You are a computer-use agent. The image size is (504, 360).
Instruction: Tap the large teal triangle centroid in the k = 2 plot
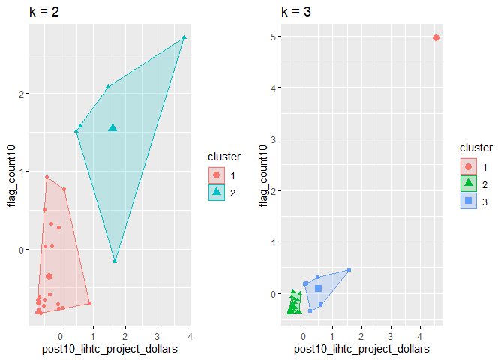click(x=112, y=128)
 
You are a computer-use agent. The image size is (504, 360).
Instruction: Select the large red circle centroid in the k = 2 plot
click(x=49, y=277)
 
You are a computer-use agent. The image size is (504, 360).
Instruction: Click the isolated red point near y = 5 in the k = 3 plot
click(x=436, y=37)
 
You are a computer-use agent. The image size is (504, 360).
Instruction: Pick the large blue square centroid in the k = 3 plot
click(x=318, y=288)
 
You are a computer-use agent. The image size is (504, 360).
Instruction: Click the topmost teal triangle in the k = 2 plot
click(x=184, y=37)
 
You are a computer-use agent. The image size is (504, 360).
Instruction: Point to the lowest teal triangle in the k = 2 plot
click(x=115, y=260)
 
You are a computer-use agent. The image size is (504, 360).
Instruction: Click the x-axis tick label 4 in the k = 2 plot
click(x=190, y=334)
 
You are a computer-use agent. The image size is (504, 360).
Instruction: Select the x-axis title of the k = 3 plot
click(x=361, y=349)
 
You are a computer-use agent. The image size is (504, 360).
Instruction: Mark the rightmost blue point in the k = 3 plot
click(x=349, y=270)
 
